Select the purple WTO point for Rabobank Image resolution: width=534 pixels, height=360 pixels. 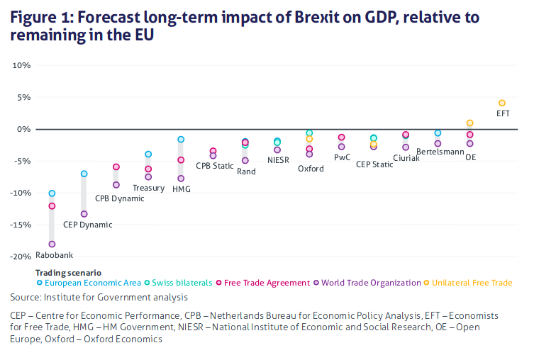coord(52,244)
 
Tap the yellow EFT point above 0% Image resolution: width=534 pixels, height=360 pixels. coord(502,103)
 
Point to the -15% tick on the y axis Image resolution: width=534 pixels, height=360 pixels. coord(21,225)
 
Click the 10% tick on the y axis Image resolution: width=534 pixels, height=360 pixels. coord(22,65)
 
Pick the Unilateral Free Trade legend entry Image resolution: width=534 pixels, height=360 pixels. coord(471,283)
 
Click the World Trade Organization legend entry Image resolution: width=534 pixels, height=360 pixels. coord(371,283)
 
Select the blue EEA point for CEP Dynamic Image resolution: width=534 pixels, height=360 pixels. coord(84,174)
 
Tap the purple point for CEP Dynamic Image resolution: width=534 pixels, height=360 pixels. coord(84,213)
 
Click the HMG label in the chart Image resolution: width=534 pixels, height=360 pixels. coord(181,189)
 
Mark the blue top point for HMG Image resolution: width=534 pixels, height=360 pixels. coord(181,140)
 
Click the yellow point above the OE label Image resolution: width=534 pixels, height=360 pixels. coord(469,123)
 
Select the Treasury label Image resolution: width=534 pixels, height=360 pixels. coord(148,188)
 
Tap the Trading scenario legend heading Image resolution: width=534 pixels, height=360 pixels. coord(68,272)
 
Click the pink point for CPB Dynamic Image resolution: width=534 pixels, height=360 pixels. coord(116,167)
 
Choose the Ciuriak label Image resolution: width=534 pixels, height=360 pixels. coord(406,158)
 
